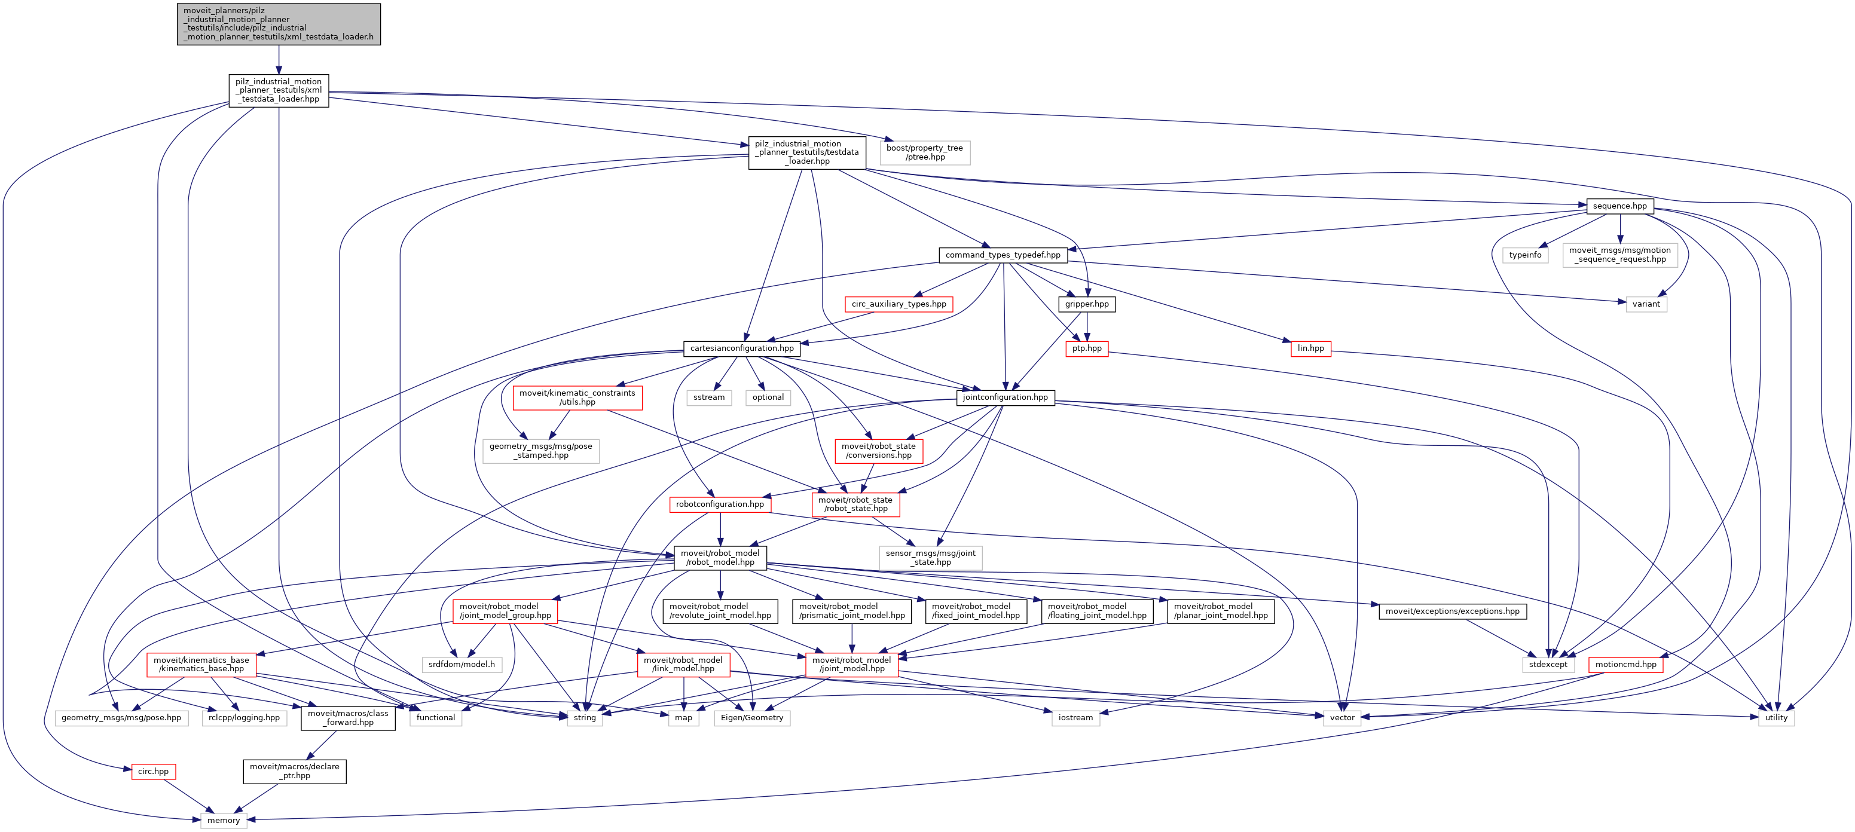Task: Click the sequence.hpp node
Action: click(1619, 206)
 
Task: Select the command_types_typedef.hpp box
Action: click(1003, 255)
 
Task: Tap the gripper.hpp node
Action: click(1087, 304)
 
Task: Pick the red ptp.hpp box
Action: click(1087, 348)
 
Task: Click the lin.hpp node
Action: click(1310, 348)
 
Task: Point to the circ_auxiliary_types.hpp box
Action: click(899, 304)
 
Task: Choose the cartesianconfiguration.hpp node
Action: click(742, 348)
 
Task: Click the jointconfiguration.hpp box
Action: click(1006, 397)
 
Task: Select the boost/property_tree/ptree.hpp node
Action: click(925, 152)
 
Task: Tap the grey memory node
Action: click(223, 820)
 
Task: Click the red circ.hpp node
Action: click(154, 771)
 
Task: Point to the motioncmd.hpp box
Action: click(1625, 664)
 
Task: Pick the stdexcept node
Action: click(1548, 664)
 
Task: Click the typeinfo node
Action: click(1525, 255)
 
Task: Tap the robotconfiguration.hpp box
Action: click(719, 504)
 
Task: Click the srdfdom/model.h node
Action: click(462, 664)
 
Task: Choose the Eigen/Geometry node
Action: click(752, 718)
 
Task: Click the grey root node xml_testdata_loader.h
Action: click(279, 24)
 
